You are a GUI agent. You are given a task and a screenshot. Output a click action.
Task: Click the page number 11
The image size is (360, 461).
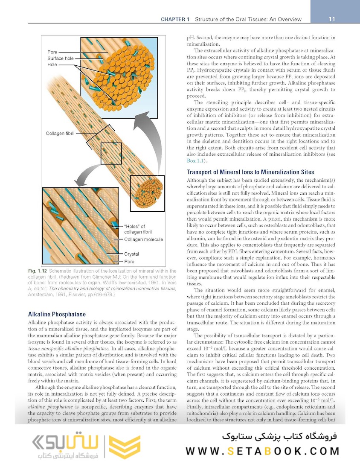click(332, 19)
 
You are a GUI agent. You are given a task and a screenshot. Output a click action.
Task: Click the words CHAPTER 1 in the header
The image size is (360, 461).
click(176, 19)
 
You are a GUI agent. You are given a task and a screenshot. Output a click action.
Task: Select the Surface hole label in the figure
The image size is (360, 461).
click(61, 58)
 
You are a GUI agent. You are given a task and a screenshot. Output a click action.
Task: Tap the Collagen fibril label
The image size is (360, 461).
click(60, 134)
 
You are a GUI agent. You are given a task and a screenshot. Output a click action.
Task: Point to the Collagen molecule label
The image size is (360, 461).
click(143, 239)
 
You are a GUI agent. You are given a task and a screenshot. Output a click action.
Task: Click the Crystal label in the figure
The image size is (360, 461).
click(131, 254)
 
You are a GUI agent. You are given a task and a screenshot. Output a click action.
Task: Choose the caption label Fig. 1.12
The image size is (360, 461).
click(37, 271)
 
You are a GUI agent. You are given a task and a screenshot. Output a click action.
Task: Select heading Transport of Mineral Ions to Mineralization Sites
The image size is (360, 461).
click(250, 172)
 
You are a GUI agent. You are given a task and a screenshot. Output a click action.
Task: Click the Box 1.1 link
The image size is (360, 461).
click(197, 160)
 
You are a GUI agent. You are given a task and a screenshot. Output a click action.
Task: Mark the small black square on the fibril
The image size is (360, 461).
click(111, 154)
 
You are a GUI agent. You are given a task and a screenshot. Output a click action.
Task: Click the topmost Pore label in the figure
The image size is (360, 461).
click(52, 52)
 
